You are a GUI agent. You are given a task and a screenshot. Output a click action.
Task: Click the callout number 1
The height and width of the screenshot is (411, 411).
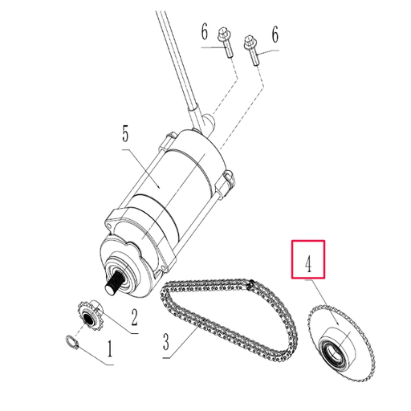tap(111, 351)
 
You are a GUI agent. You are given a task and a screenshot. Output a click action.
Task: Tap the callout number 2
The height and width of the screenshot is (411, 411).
tap(134, 315)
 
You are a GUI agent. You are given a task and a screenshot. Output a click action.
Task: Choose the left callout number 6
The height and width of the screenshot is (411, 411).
tap(205, 32)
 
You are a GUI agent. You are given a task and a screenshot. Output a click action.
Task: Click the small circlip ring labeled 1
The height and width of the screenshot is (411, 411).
tap(71, 344)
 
